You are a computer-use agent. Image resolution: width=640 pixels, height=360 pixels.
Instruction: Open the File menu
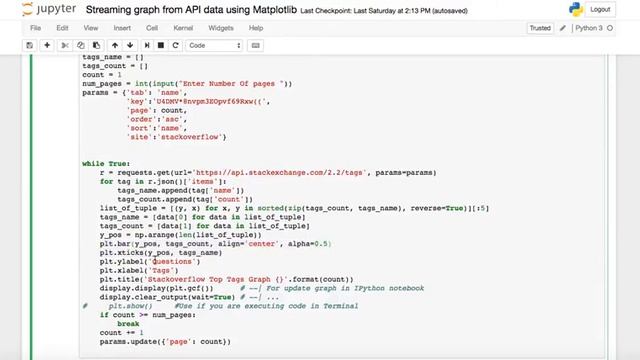coord(36,28)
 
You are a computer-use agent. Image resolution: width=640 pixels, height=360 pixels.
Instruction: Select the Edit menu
coord(62,28)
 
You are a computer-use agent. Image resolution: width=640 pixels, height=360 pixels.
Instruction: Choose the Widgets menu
coord(221,28)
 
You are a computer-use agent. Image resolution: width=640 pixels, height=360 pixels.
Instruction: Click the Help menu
coord(255,28)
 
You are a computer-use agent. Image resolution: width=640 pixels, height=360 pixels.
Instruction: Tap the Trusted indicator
coord(540,28)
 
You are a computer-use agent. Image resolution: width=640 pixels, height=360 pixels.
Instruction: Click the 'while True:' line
coord(107,163)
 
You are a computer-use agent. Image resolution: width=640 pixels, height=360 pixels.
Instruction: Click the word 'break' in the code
coord(128,324)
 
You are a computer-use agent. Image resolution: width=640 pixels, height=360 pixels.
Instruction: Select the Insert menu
coord(122,28)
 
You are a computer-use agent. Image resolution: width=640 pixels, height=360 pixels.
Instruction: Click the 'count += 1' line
coord(122,332)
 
